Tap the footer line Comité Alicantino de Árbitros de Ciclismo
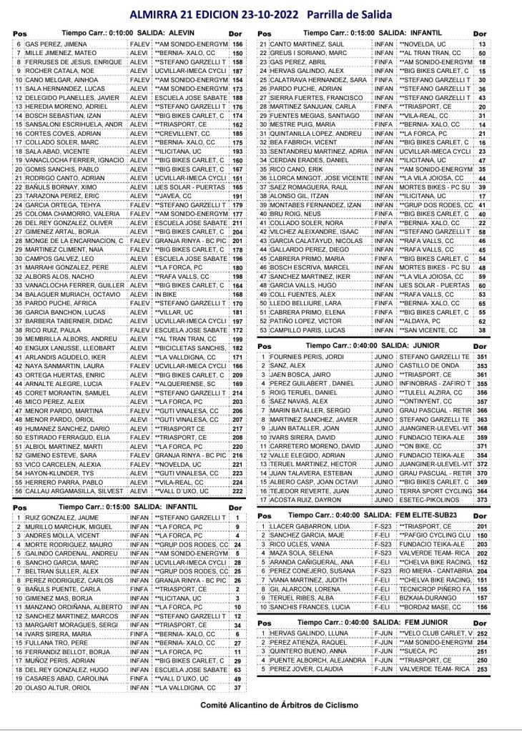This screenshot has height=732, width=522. tap(260, 704)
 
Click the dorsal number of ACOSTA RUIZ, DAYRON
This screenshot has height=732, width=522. tap(481, 500)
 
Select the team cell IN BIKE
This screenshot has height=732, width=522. tap(167, 294)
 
